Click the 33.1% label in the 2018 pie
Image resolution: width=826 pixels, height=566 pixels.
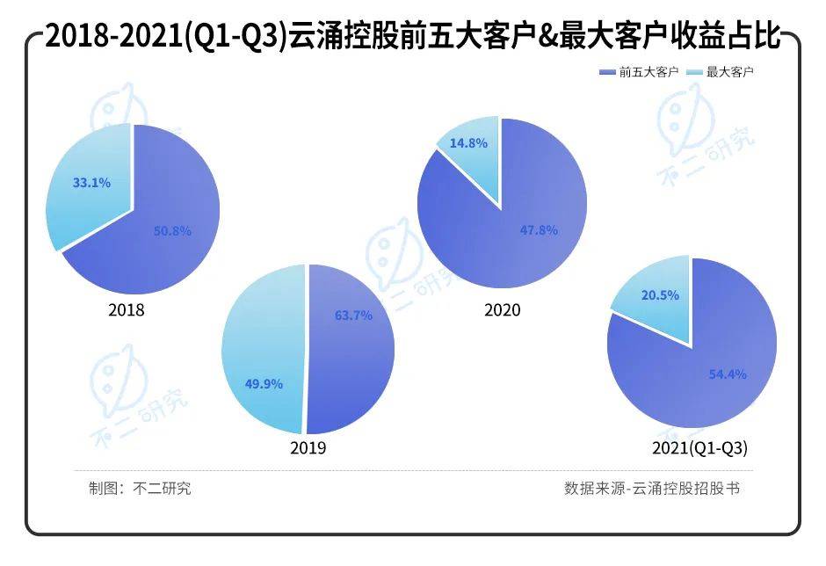click(x=92, y=184)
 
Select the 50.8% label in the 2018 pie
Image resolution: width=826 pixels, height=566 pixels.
click(x=173, y=230)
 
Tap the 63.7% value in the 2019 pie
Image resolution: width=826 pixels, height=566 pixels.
click(x=353, y=315)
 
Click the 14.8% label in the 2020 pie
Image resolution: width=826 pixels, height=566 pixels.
click(x=468, y=142)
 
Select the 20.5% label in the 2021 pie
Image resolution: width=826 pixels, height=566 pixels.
click(x=660, y=295)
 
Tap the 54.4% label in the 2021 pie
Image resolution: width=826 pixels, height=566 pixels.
click(x=728, y=374)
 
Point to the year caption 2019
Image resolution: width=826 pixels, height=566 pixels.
click(x=308, y=448)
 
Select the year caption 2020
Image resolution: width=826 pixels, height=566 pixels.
click(x=502, y=310)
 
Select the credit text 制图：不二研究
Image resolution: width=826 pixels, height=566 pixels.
click(x=140, y=488)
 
